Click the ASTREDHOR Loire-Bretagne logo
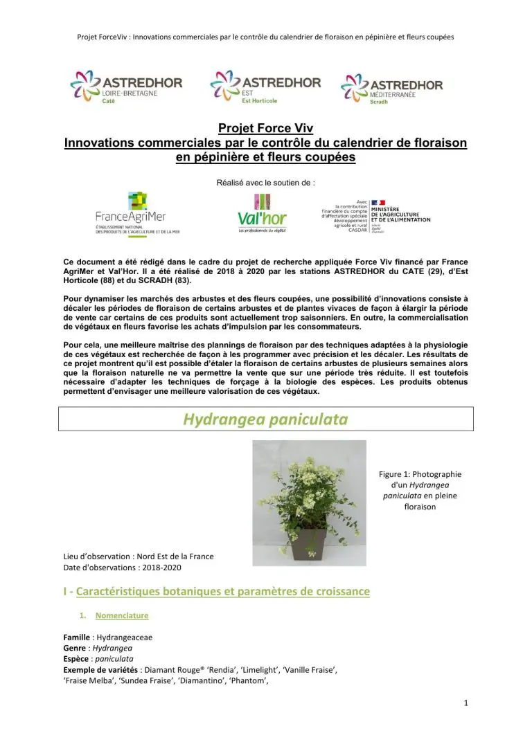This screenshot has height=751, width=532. click(x=126, y=88)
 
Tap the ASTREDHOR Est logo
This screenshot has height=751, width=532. click(x=265, y=87)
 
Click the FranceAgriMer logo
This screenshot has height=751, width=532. click(x=137, y=214)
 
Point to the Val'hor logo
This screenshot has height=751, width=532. click(x=262, y=212)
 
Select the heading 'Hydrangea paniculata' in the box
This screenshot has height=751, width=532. click(x=265, y=419)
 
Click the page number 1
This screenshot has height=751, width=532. click(x=466, y=703)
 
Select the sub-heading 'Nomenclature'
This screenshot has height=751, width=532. click(x=122, y=615)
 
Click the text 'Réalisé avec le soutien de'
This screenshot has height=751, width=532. click(x=266, y=183)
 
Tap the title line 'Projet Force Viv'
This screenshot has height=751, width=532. click(x=265, y=129)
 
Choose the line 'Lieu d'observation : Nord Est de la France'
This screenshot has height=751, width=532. click(x=138, y=557)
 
